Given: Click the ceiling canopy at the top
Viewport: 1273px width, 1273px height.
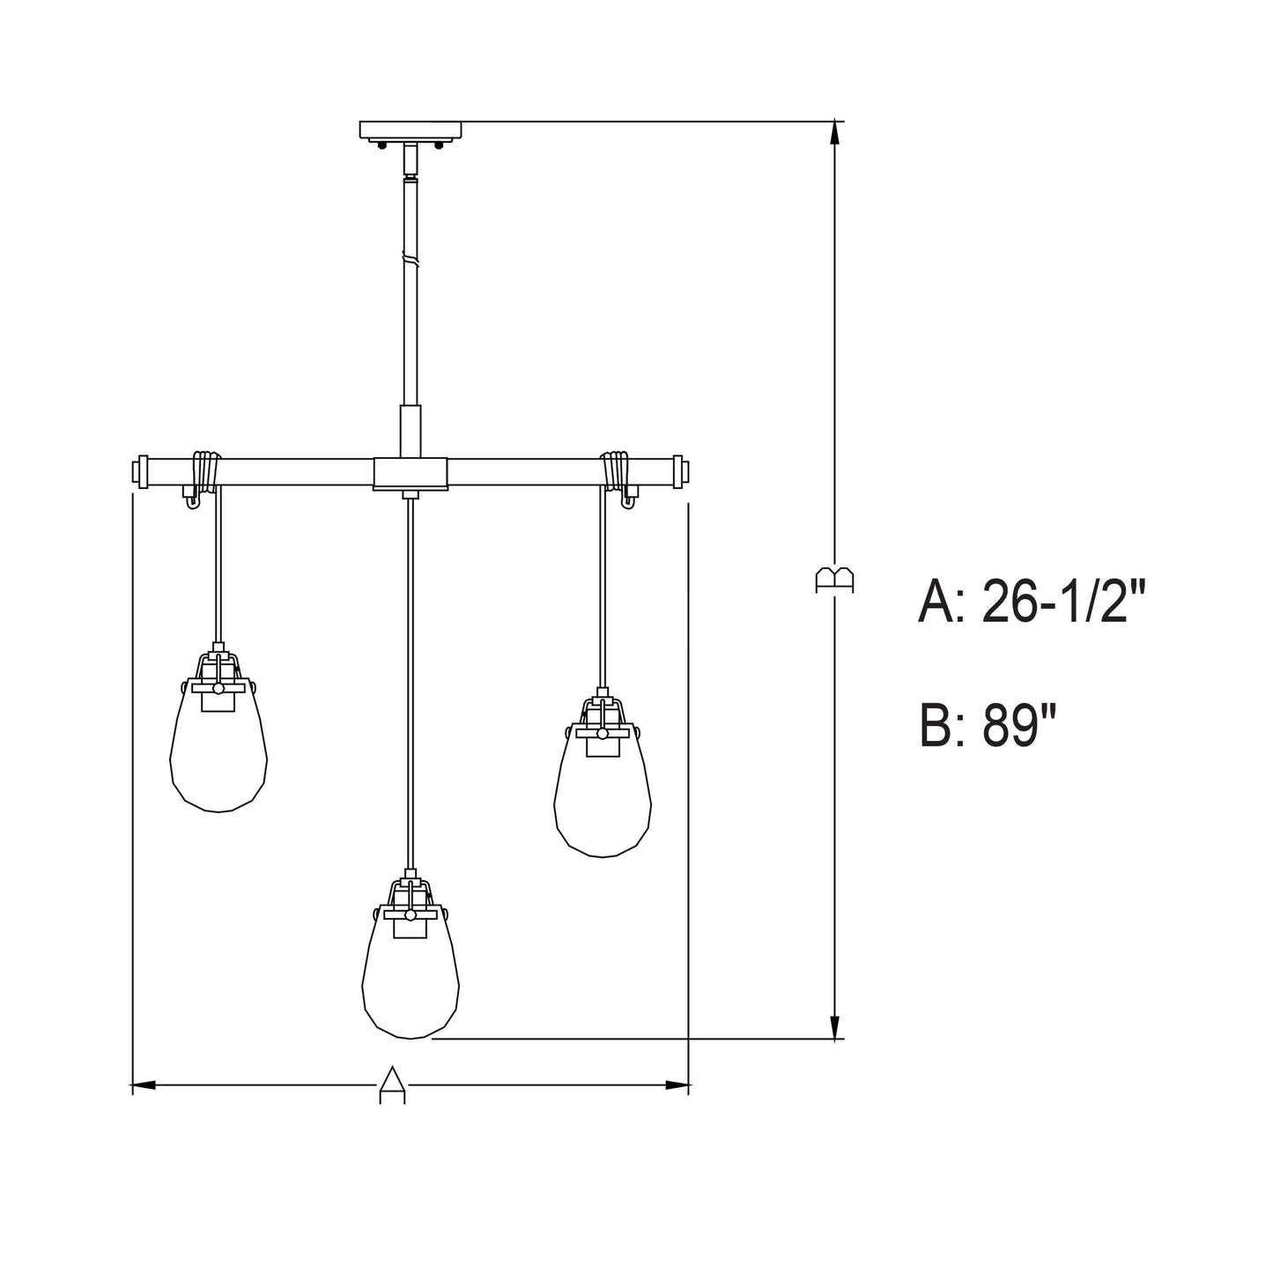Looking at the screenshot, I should point(410,130).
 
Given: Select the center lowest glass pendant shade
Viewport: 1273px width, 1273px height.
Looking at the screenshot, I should point(411,978).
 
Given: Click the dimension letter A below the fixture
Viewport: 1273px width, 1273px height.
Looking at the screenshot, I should point(394,1084).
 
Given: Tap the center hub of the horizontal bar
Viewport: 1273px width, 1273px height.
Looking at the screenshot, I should point(410,473).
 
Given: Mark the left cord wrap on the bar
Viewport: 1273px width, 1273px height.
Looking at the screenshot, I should point(205,473).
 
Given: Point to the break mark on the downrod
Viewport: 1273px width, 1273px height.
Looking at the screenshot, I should point(410,260).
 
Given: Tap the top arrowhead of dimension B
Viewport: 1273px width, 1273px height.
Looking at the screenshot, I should point(834,132).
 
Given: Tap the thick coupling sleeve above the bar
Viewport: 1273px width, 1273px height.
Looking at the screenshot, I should point(410,430).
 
